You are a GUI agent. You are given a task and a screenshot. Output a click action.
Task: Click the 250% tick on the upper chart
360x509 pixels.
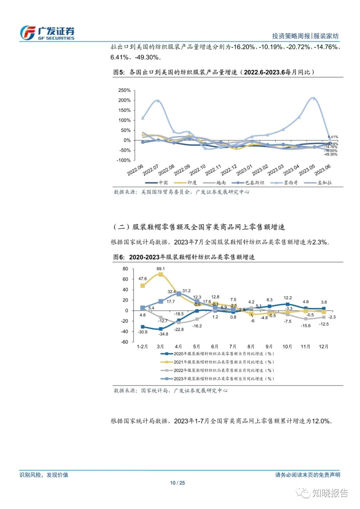tap(124, 90)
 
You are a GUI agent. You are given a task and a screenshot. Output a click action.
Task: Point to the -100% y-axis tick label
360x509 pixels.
tap(124, 160)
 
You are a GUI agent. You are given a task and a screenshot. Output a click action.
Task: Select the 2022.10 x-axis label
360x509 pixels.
tap(197, 170)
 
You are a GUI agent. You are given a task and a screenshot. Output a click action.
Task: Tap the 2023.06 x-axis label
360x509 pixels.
tap(322, 170)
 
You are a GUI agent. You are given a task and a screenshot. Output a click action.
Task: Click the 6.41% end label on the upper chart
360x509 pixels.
tap(333, 137)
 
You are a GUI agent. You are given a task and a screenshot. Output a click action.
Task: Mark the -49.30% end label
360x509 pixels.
tap(331, 154)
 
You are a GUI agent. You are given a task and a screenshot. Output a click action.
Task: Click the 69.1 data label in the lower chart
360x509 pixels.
tap(160, 269)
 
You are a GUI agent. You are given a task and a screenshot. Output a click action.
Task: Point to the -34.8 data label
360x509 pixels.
tap(163, 334)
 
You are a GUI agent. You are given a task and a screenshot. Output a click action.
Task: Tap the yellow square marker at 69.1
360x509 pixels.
tap(161, 275)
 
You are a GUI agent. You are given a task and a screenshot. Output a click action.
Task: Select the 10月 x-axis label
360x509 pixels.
tap(287, 347)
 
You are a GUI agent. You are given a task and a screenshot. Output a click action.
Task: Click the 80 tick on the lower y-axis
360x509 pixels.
tap(125, 269)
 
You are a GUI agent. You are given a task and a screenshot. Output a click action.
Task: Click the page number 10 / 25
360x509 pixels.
tap(177, 483)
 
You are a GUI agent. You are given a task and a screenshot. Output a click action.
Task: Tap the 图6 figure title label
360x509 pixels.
tap(119, 257)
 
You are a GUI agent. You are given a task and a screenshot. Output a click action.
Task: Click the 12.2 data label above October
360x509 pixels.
tap(288, 298)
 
